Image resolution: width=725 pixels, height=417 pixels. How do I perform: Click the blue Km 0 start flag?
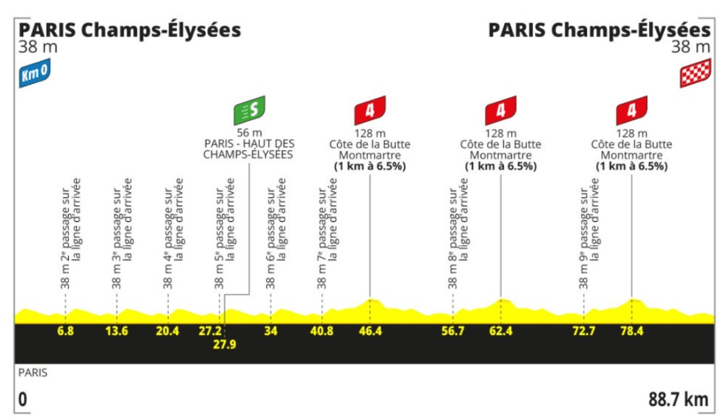click(35, 73)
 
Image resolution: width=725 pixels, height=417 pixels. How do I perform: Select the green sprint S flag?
click(249, 110)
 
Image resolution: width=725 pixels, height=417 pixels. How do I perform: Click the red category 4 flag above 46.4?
click(370, 110)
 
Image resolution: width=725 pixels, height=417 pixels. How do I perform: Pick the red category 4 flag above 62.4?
click(501, 110)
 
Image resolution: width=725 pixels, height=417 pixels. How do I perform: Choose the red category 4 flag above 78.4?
click(631, 110)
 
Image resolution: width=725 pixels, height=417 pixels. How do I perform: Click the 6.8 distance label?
click(65, 331)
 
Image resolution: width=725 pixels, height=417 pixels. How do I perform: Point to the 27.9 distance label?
click(225, 344)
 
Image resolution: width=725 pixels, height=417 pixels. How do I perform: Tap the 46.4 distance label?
click(370, 331)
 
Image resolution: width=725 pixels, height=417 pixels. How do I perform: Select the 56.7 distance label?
click(452, 331)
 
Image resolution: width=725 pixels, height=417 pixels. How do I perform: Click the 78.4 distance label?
click(632, 331)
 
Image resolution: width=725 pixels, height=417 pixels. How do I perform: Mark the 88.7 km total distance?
click(679, 400)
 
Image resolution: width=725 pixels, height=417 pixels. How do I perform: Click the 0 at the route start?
click(22, 400)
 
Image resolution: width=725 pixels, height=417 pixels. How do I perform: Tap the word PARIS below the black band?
click(33, 373)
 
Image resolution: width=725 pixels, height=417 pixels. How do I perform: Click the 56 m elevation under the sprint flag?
click(249, 133)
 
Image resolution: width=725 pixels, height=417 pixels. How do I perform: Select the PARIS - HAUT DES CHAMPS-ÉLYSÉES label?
click(248, 149)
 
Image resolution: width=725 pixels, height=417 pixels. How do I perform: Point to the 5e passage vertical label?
click(225, 234)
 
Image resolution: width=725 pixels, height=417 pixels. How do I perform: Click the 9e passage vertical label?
click(589, 234)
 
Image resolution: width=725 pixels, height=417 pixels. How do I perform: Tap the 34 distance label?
click(270, 331)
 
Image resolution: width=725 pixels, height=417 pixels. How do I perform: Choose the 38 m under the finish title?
click(691, 47)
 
